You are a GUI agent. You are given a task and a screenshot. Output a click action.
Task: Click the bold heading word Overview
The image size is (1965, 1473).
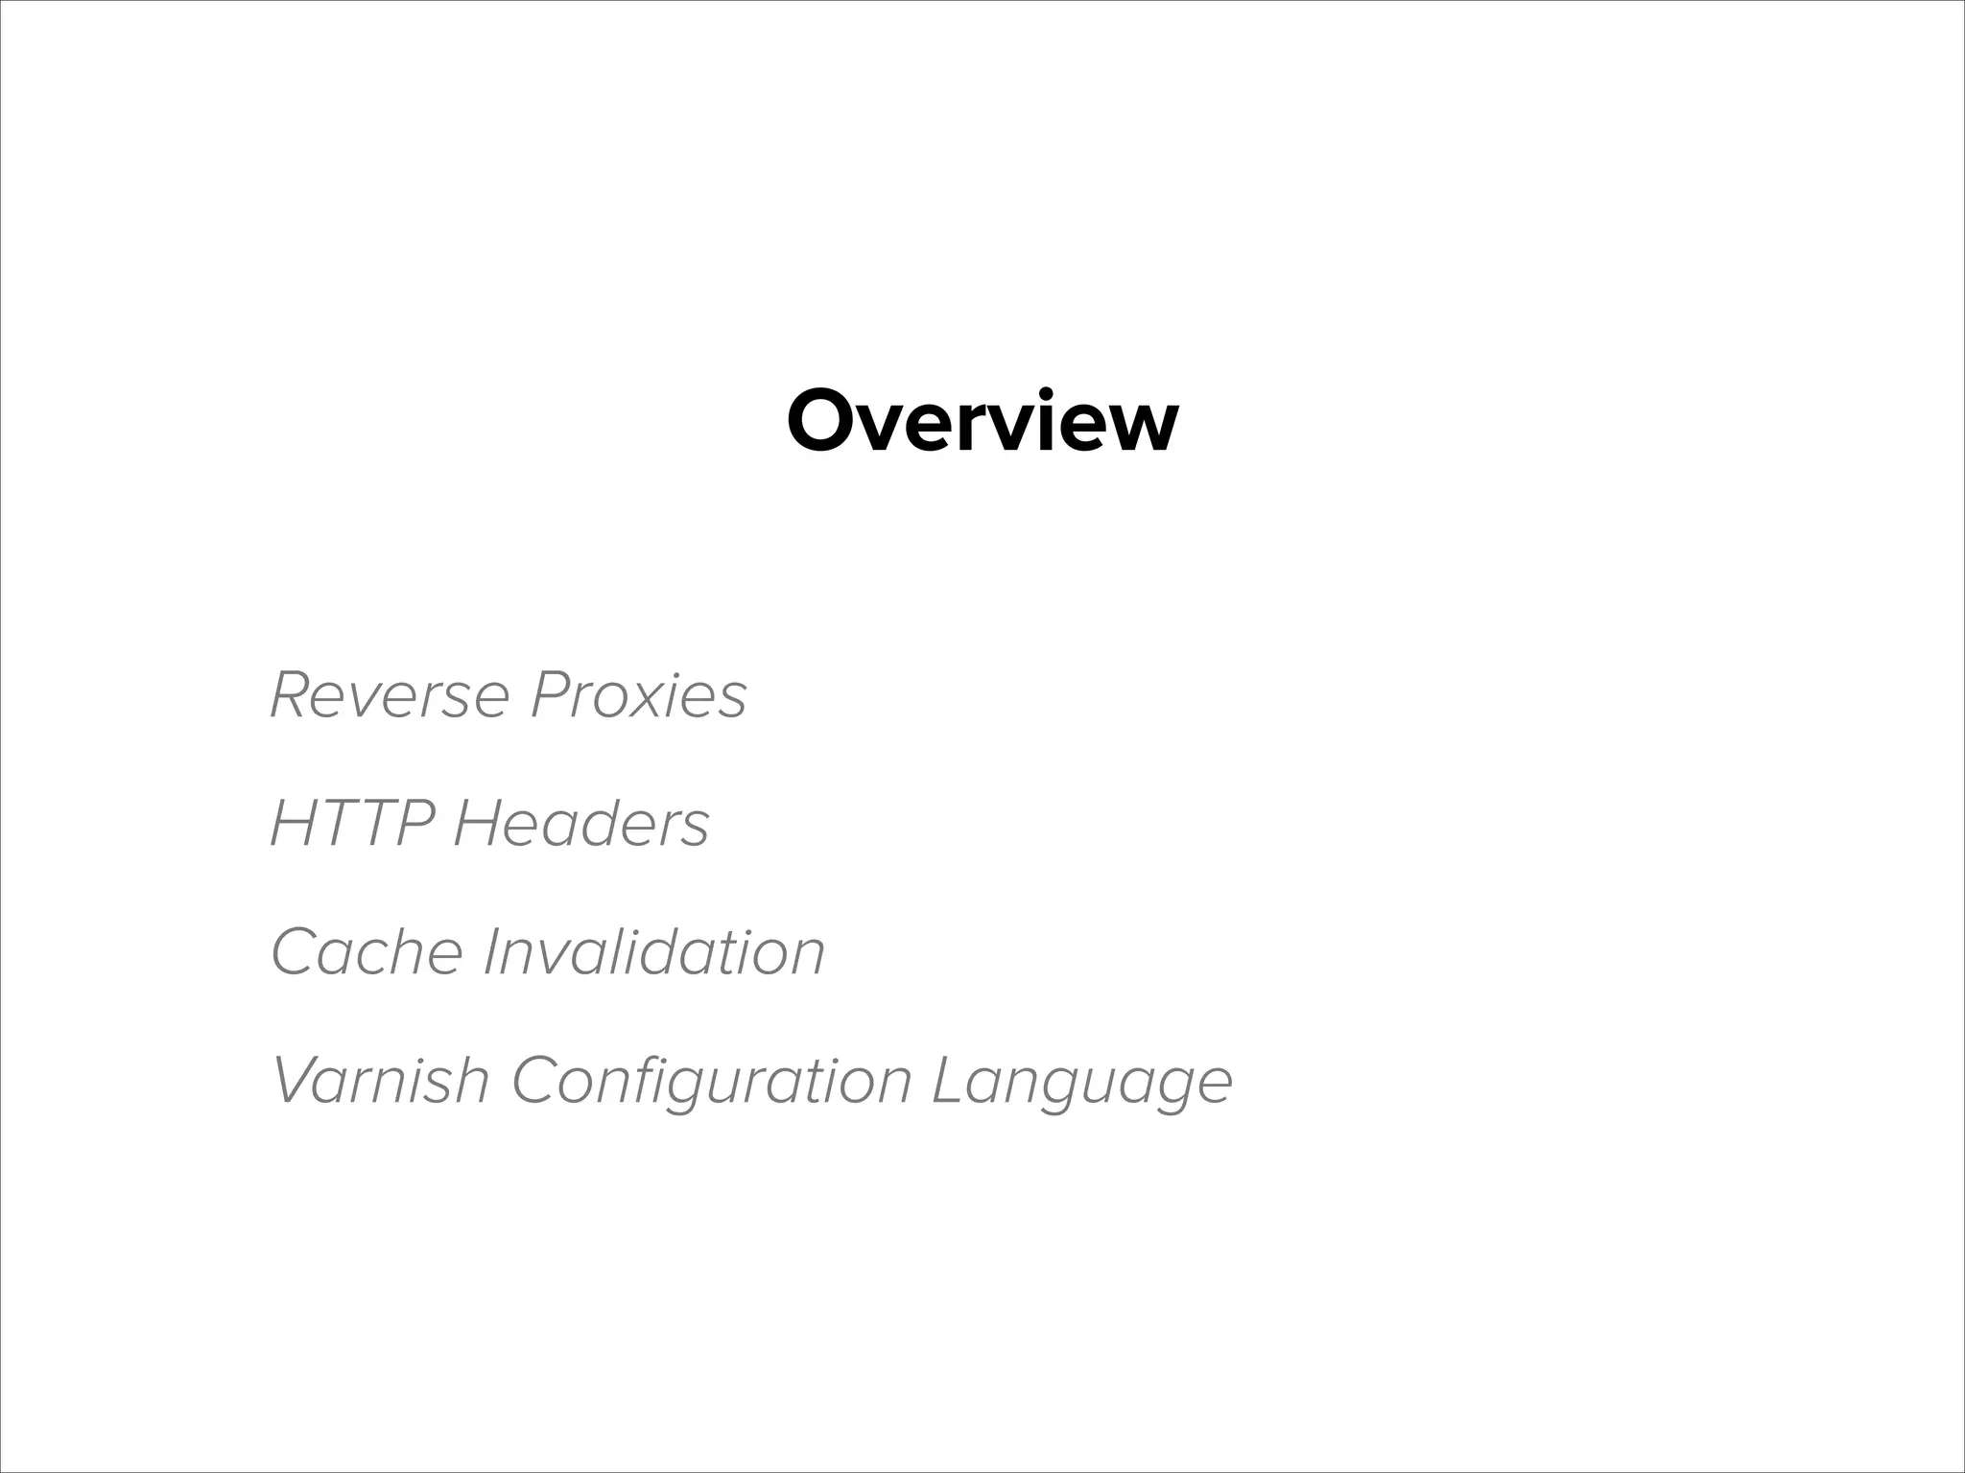click(982, 422)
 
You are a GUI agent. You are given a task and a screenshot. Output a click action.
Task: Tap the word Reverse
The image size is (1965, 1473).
click(389, 694)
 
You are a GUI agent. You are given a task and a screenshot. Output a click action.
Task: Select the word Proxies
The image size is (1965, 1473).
click(638, 694)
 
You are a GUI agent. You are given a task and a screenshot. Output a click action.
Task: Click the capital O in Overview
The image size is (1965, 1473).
click(823, 422)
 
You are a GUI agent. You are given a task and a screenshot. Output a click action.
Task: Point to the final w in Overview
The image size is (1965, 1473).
click(1142, 427)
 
